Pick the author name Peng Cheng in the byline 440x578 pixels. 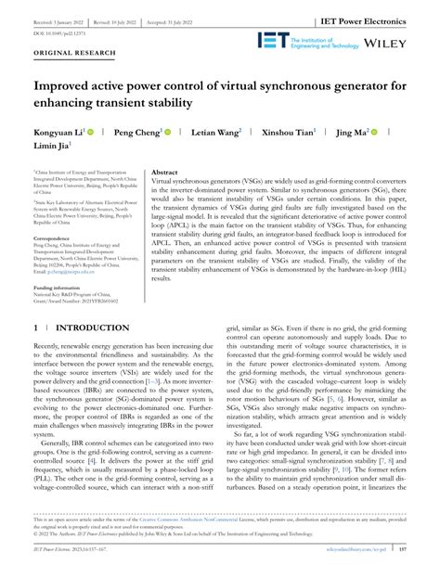tap(136, 134)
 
